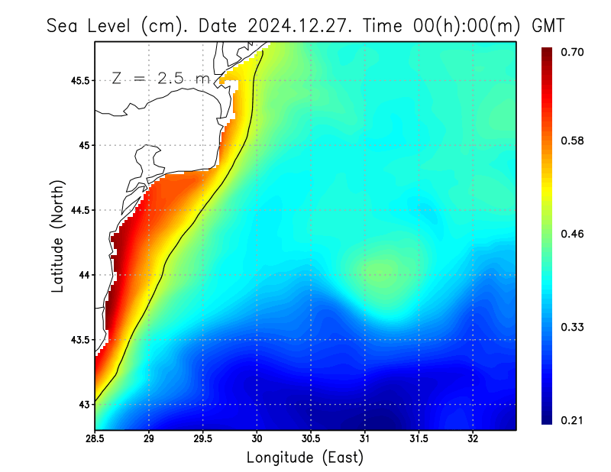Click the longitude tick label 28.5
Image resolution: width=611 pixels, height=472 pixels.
[95, 439]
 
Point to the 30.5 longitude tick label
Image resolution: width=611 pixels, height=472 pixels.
[311, 439]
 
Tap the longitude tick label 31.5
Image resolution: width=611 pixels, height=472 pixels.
[419, 439]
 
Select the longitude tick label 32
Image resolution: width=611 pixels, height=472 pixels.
[473, 439]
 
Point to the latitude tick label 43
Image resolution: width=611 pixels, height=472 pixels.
[84, 404]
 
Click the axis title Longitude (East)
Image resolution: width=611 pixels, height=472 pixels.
[305, 457]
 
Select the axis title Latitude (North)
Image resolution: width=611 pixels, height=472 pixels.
[57, 236]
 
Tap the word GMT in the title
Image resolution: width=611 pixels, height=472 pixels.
[548, 25]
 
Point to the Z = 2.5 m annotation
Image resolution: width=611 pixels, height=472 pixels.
[160, 79]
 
